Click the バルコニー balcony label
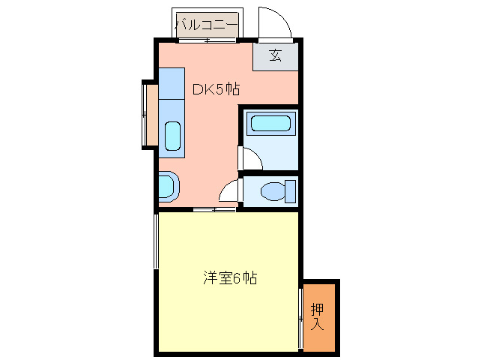click(207, 25)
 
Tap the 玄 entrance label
click(276, 55)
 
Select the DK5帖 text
click(216, 89)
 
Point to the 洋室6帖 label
click(230, 278)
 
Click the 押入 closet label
click(318, 316)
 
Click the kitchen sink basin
click(172, 136)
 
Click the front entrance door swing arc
click(275, 20)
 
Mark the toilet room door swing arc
click(229, 191)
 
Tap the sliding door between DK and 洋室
click(214, 208)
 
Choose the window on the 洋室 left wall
click(156, 241)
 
